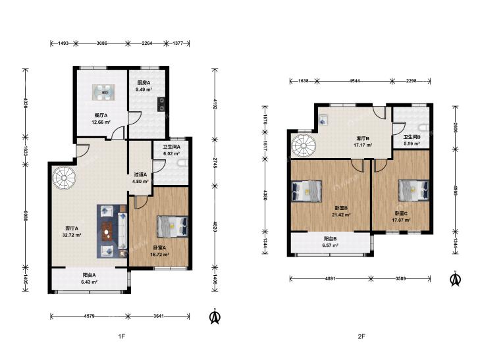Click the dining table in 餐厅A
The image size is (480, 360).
(x=104, y=92)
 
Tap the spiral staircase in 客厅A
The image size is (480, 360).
(x=64, y=178)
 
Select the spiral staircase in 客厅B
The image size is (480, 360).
(x=303, y=146)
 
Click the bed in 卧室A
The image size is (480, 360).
(x=173, y=226)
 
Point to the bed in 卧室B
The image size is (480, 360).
(x=307, y=191)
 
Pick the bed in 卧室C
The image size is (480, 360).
(x=413, y=190)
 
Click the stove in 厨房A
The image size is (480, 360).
(x=161, y=104)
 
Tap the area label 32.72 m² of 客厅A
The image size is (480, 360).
(x=72, y=235)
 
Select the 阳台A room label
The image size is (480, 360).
(x=90, y=274)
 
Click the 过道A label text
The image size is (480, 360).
(x=140, y=174)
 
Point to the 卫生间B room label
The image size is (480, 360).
(x=412, y=138)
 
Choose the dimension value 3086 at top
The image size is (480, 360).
(x=102, y=43)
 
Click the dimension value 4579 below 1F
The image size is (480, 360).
(x=89, y=316)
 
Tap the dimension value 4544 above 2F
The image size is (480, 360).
(x=354, y=81)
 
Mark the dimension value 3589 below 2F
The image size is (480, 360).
(x=401, y=278)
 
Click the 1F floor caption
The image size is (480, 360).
(x=122, y=336)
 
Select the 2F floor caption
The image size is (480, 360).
(x=361, y=336)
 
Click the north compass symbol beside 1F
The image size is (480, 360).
(x=215, y=317)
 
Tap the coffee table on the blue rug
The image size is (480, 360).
(x=107, y=231)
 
